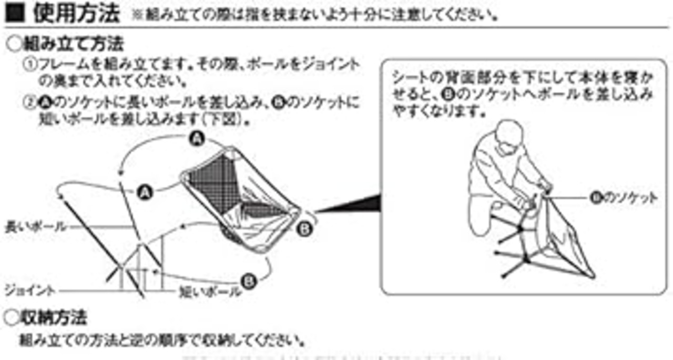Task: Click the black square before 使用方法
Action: [x=16, y=13]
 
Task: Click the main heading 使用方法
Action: [x=76, y=13]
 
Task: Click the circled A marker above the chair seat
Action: [x=197, y=139]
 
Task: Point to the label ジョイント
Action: [x=29, y=290]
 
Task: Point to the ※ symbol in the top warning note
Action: [x=138, y=15]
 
